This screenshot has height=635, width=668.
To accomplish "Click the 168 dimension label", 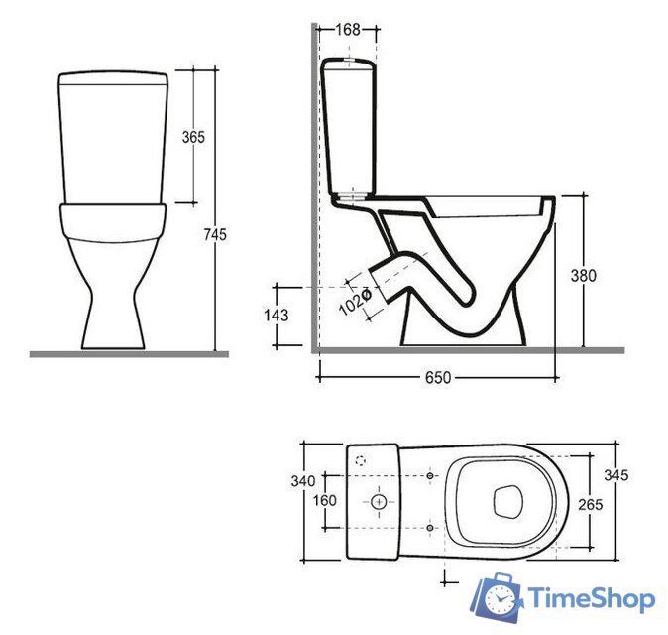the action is (x=348, y=30).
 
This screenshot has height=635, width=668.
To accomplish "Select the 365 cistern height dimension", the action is (x=193, y=137).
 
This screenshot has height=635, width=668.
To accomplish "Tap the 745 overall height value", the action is (x=215, y=234).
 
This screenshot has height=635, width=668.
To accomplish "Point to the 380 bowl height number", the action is (x=583, y=276).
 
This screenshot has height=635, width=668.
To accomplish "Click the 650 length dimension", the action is (x=438, y=378).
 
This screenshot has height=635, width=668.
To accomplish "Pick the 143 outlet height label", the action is (x=277, y=316).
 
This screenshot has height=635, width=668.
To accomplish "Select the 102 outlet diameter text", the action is (x=355, y=301).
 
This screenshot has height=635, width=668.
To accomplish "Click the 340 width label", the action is (x=303, y=481).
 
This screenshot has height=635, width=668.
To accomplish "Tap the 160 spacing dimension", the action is (x=325, y=500).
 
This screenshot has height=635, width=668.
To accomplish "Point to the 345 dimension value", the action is (x=616, y=475).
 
